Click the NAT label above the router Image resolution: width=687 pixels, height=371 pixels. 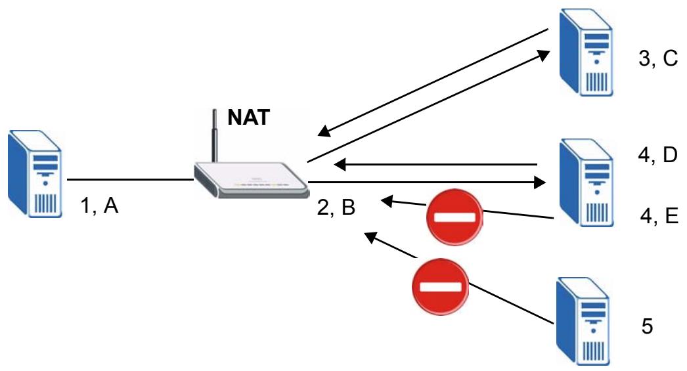[248, 117]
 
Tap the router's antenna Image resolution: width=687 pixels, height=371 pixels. [215, 136]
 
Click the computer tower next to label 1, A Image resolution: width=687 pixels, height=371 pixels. [35, 173]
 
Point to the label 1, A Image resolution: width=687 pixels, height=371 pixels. [99, 205]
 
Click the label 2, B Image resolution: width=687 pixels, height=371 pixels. [336, 207]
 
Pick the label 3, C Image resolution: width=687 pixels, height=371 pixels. [658, 58]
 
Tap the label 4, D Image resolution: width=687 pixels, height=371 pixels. [657, 155]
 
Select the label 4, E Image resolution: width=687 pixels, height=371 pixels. [659, 215]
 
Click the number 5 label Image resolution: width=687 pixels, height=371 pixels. [647, 326]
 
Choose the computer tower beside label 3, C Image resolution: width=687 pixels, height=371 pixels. [586, 53]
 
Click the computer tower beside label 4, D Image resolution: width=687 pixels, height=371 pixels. [587, 183]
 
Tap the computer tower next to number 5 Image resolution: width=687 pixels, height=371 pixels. [583, 321]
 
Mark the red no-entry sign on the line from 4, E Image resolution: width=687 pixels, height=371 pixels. [454, 217]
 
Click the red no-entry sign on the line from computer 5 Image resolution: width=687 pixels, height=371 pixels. [440, 286]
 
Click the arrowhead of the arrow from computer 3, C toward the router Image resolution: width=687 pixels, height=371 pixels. [324, 131]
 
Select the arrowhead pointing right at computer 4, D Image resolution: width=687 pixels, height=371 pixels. [541, 182]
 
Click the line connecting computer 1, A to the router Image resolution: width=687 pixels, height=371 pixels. [131, 179]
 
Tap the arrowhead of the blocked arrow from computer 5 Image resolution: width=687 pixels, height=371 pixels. [371, 237]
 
